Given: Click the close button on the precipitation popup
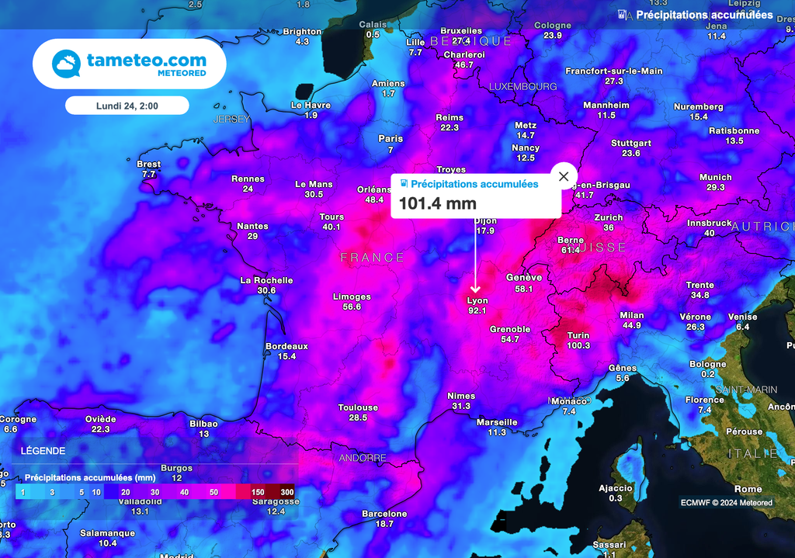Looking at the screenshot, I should click(564, 176).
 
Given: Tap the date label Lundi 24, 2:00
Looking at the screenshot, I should click(127, 106).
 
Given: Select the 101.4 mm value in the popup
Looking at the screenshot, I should click(438, 204).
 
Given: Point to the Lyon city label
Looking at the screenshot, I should click(477, 300).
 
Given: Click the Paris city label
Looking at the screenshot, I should click(391, 139).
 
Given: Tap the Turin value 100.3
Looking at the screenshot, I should click(578, 345).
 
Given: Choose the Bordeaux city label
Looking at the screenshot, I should click(286, 346).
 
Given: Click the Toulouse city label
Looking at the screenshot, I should click(358, 407).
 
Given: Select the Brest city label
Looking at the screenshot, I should click(148, 165).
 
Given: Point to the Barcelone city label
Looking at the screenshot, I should click(384, 514).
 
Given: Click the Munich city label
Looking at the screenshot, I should click(715, 177).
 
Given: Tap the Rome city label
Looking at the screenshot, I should click(748, 489).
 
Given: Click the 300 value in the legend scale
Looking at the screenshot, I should click(286, 492).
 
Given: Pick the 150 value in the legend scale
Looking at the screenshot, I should click(258, 492).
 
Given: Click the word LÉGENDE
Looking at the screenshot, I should click(43, 451).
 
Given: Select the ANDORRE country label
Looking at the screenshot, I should click(363, 458).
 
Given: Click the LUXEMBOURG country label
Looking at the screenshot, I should click(522, 87).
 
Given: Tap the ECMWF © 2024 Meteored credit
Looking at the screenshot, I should click(726, 502).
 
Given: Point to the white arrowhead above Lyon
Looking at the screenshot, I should click(475, 289).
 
